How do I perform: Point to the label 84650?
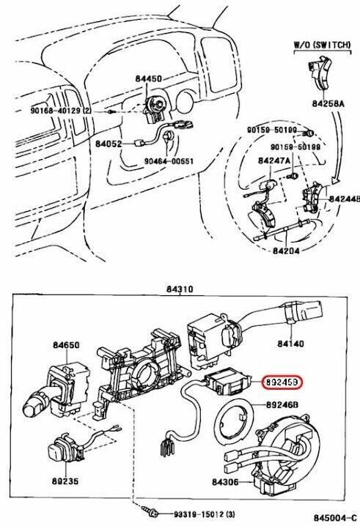point(67,344)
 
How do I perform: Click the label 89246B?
point(282,404)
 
